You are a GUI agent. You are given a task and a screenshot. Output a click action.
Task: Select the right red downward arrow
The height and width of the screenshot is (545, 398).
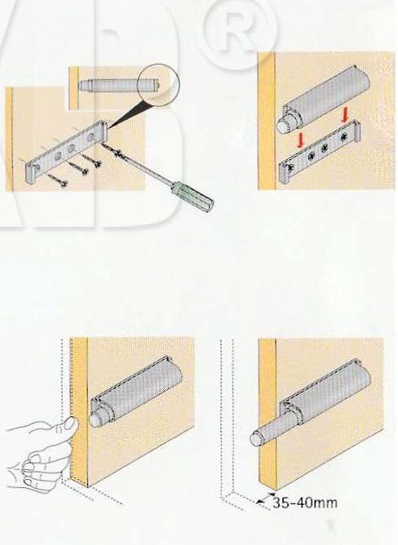click(x=344, y=115)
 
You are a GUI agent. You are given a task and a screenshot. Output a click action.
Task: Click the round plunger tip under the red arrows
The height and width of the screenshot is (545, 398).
click(x=285, y=125)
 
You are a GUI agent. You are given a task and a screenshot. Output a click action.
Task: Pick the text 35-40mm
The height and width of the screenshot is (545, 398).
click(x=304, y=502)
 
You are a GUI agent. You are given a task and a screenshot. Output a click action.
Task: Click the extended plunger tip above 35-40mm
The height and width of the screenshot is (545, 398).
click(x=257, y=438)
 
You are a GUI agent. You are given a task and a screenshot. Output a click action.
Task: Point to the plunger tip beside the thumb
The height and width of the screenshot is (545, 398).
click(x=96, y=419)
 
